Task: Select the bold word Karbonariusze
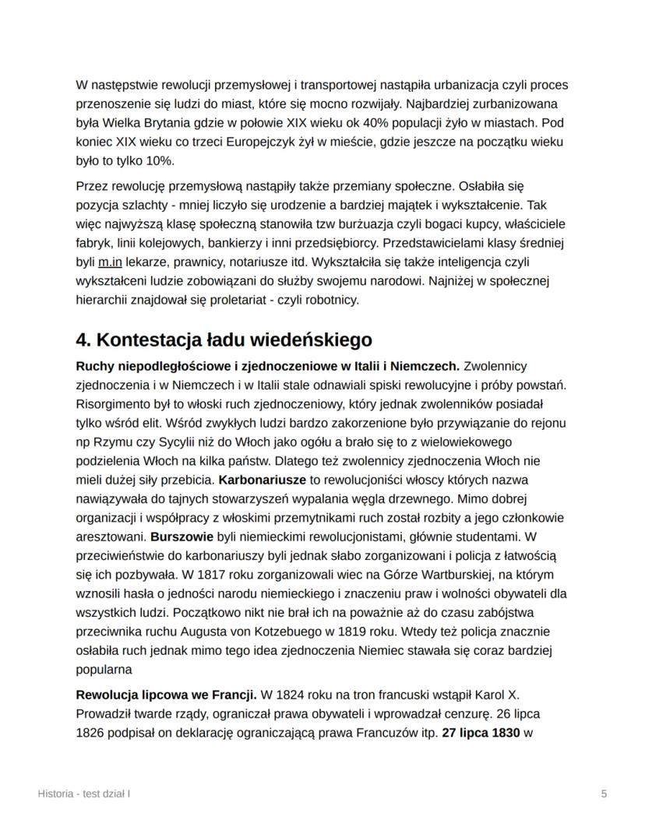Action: click(257, 479)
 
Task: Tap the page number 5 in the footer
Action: click(604, 794)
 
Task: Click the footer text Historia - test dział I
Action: click(83, 794)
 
